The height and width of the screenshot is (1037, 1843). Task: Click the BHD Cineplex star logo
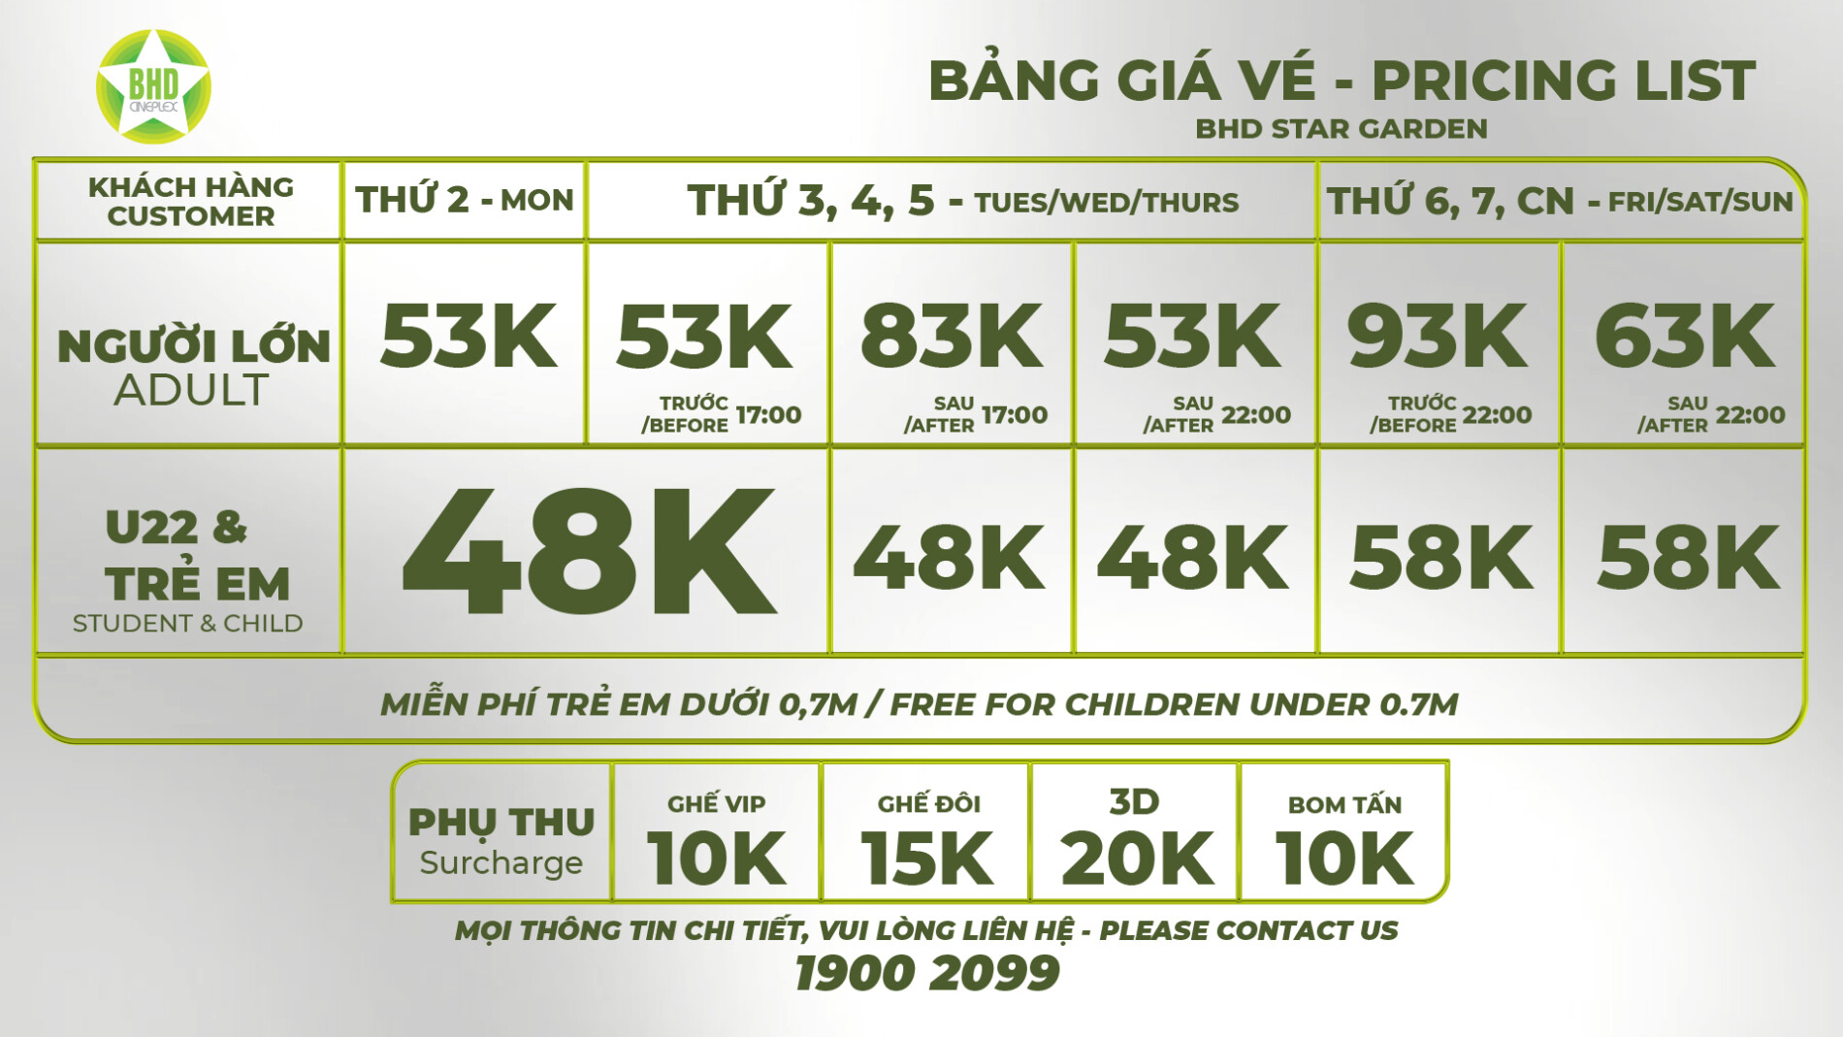click(153, 87)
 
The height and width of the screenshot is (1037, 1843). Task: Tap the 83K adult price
click(952, 336)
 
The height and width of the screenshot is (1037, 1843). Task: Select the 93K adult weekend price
click(1439, 336)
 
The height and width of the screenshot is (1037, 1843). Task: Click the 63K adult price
click(1685, 336)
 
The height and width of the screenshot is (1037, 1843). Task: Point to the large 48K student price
click(589, 552)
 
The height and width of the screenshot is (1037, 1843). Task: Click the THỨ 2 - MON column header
click(465, 200)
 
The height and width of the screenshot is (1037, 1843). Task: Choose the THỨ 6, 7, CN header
click(1560, 201)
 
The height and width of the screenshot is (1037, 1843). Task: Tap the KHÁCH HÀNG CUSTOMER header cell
click(190, 201)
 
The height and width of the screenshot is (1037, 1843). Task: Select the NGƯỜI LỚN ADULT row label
click(193, 368)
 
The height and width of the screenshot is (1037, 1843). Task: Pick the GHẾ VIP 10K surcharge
click(716, 840)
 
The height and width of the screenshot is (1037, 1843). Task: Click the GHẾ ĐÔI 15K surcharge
click(927, 840)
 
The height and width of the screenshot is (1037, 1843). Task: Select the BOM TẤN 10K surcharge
click(1344, 840)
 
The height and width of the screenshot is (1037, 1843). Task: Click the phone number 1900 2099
click(926, 973)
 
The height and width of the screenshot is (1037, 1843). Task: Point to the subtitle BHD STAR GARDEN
click(1341, 128)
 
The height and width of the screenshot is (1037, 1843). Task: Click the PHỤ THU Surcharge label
click(501, 841)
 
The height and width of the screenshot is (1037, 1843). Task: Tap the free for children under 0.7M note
click(919, 703)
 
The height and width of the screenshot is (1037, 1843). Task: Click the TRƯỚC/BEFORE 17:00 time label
click(721, 414)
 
